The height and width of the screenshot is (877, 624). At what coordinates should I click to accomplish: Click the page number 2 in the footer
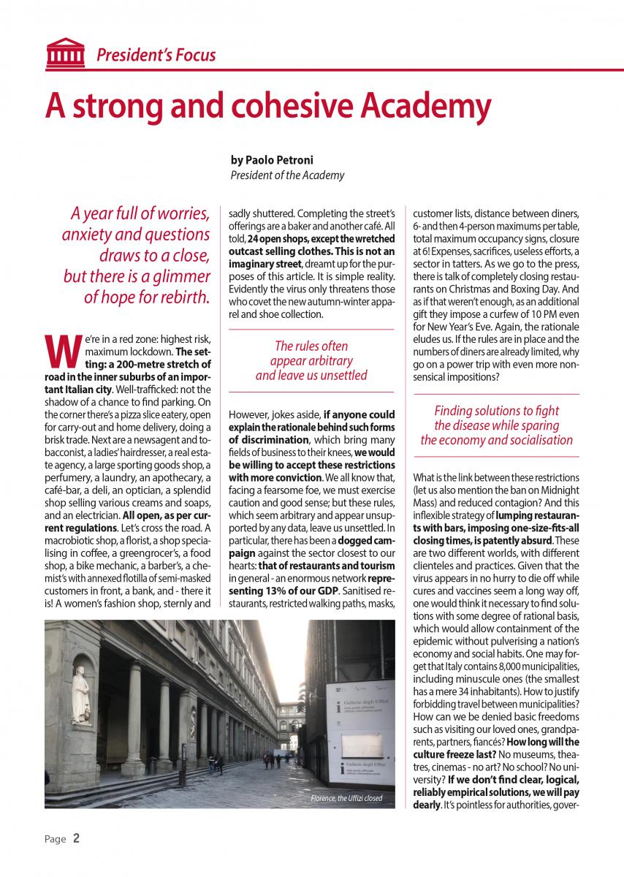click(76, 838)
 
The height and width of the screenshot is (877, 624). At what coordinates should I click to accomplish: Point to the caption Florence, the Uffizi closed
click(346, 798)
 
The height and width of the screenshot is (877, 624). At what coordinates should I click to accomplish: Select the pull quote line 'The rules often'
click(311, 346)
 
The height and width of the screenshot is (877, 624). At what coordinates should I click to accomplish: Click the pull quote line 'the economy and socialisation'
click(496, 440)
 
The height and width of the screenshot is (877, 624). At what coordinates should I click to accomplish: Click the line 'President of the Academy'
click(287, 175)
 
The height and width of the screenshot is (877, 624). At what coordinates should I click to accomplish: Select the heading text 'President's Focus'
click(156, 55)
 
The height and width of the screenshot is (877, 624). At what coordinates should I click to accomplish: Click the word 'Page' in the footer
click(55, 839)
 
